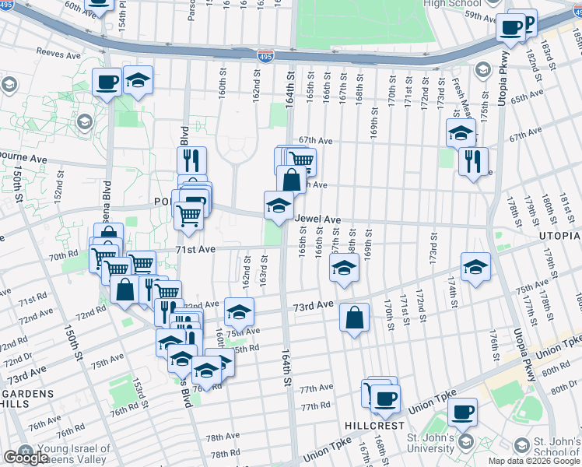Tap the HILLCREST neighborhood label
pos(375,426)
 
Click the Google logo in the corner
pos(25,458)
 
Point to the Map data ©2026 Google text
pos(533,461)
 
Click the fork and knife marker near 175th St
pos(473,161)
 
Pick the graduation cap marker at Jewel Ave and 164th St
pos(279,205)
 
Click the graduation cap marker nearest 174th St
pos(475,266)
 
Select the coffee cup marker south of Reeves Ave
pos(107,81)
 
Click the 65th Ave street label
pos(527,97)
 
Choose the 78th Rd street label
pos(224,453)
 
